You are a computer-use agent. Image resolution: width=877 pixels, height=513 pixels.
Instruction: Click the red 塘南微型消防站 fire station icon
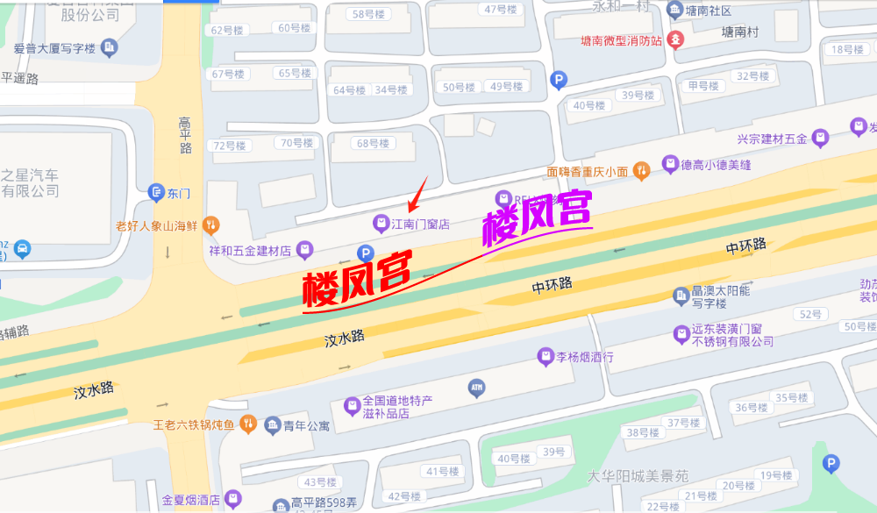[675, 39]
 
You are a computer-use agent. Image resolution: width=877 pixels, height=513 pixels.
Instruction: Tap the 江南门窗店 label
[420, 224]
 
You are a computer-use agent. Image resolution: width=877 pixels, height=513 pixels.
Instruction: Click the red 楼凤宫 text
[358, 279]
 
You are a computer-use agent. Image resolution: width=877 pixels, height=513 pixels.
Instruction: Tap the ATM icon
[477, 387]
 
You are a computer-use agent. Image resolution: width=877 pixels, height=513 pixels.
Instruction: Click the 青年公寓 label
[306, 426]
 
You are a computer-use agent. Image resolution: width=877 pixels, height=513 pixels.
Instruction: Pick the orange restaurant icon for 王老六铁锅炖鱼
[248, 424]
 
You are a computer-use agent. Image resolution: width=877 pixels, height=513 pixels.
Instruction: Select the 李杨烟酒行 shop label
[586, 357]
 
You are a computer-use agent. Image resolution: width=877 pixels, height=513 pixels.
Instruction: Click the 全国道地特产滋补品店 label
[397, 407]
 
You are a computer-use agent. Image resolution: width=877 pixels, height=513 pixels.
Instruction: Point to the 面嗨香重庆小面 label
[587, 172]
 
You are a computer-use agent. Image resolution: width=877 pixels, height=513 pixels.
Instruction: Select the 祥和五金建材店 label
[249, 251]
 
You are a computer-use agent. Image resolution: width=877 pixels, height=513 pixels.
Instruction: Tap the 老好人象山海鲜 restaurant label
[156, 225]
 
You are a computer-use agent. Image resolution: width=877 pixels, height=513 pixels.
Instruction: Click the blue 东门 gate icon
[156, 192]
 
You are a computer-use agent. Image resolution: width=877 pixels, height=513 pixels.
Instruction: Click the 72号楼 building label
[230, 146]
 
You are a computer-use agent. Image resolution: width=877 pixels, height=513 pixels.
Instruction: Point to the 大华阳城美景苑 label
[638, 476]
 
